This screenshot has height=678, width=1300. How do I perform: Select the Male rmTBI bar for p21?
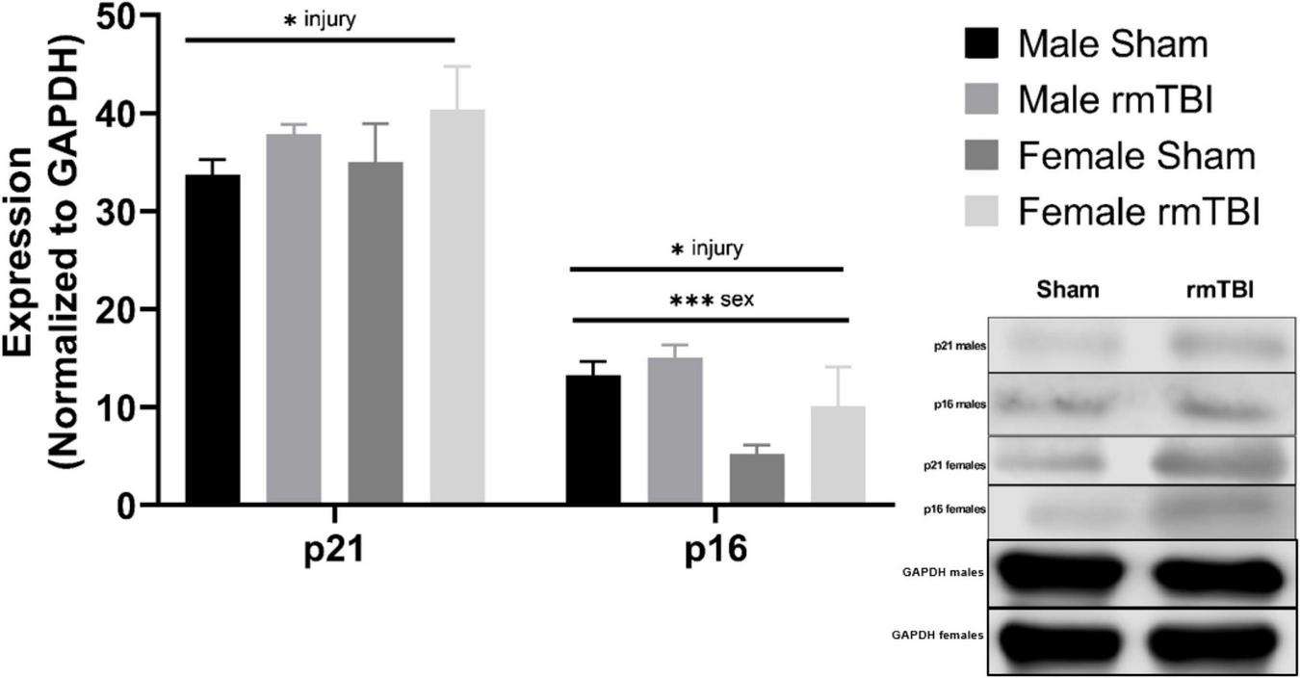click(294, 319)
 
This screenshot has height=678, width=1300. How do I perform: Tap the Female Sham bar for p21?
click(376, 332)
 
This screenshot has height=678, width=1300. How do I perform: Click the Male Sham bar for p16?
click(593, 439)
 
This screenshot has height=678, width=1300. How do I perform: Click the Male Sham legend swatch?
click(981, 43)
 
